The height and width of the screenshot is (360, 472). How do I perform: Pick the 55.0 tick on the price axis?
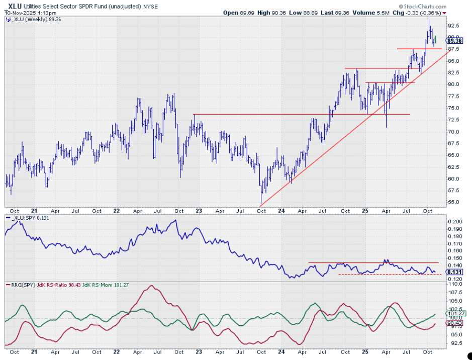click(454, 202)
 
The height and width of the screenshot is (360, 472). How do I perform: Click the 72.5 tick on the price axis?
click(454, 119)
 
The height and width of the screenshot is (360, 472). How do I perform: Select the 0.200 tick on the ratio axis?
click(455, 221)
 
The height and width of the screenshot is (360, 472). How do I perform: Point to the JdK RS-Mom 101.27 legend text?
click(114, 285)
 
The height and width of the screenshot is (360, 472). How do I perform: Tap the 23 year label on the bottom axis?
click(198, 211)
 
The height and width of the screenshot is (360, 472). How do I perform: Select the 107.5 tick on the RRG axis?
click(455, 292)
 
